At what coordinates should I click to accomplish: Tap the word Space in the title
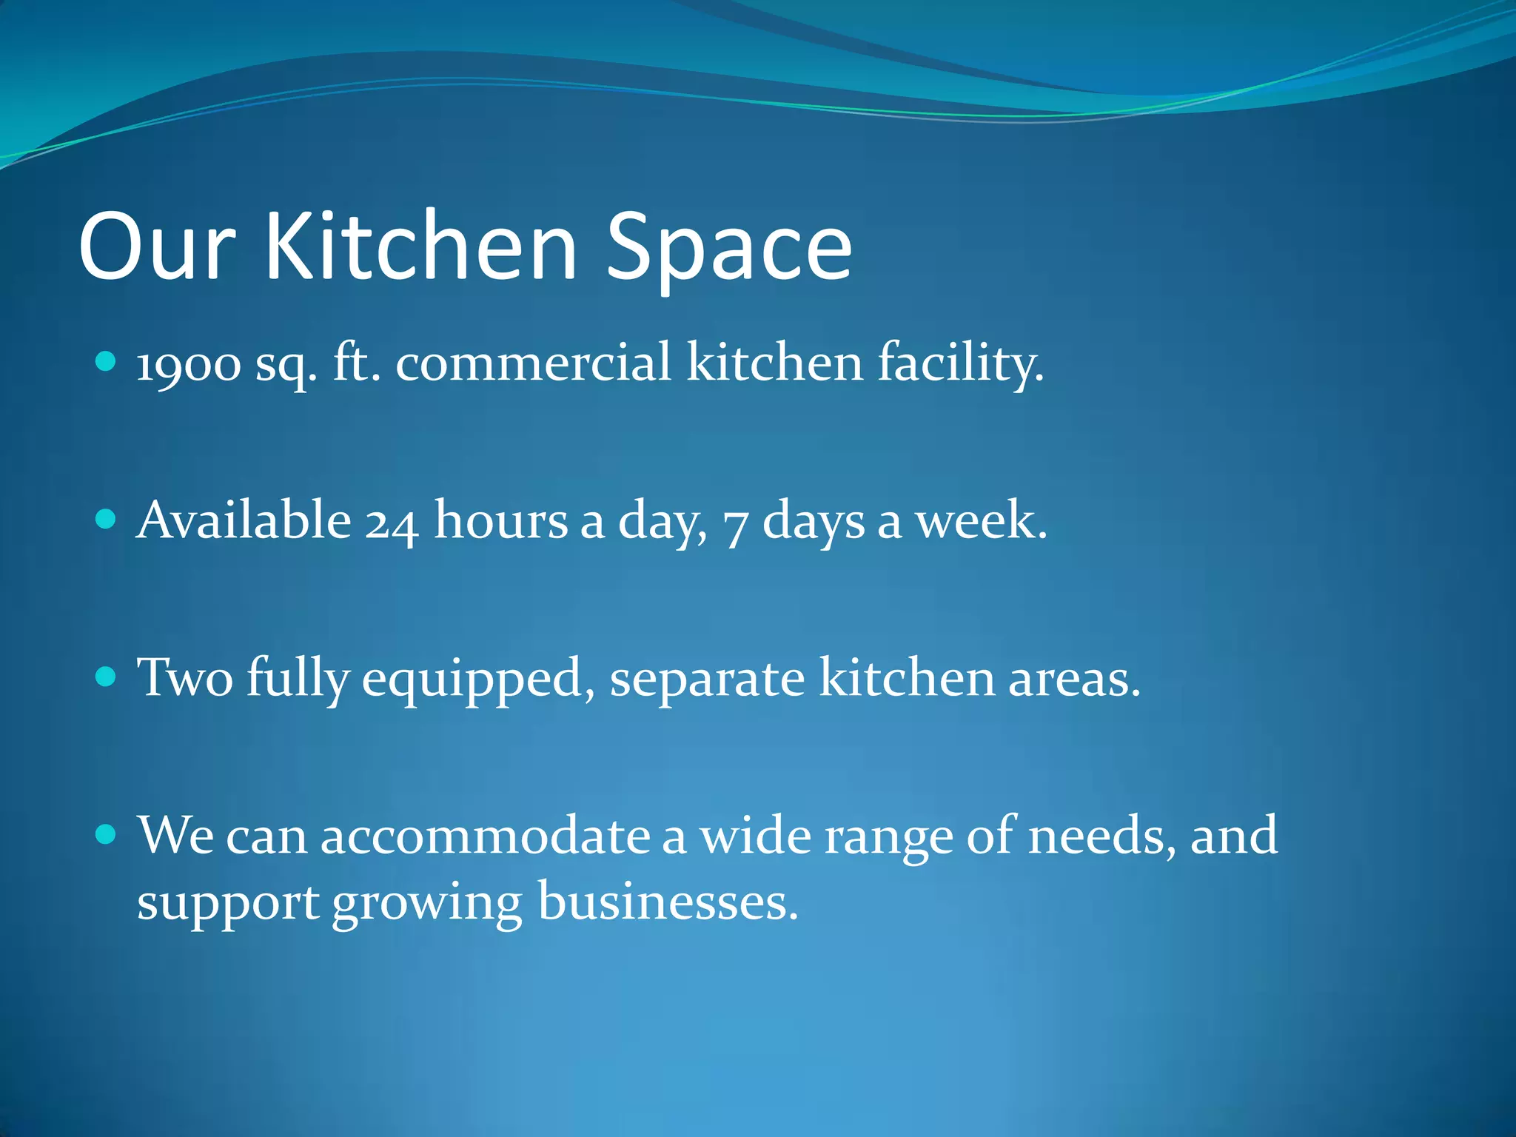729,248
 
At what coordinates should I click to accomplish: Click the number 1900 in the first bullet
189,365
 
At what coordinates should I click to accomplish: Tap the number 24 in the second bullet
392,521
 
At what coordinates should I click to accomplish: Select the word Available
244,520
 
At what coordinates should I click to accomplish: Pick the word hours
500,520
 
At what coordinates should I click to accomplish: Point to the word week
982,520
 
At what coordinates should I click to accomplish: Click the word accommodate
485,836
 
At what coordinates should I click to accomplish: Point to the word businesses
668,902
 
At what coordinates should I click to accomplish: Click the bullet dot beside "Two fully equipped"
107,677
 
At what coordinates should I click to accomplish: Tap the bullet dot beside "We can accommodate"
107,835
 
